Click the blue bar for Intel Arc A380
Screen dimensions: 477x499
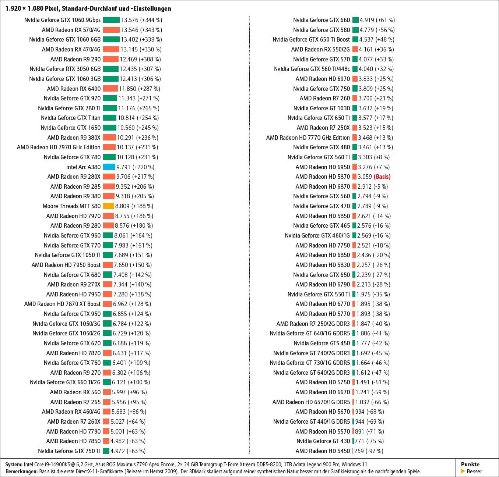click(109, 167)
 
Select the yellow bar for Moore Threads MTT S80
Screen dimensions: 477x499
click(108, 206)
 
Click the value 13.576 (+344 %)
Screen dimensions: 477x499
click(141, 20)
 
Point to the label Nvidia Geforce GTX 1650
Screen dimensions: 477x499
click(70, 128)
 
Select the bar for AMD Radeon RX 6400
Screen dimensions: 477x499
click(110, 89)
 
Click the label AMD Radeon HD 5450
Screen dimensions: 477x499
click(323, 451)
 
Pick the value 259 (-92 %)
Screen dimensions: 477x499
click(369, 451)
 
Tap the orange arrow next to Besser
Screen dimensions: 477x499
click(463, 471)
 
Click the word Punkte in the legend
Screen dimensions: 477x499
click(470, 464)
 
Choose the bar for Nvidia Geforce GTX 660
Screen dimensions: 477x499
click(355, 20)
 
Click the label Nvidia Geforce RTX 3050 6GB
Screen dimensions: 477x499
click(65, 69)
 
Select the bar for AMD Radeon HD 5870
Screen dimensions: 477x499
click(354, 177)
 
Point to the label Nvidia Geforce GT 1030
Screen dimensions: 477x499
click(321, 108)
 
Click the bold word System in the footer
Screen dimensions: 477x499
click(14, 464)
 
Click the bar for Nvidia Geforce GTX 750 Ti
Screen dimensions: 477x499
click(106, 451)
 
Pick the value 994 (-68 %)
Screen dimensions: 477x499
click(369, 412)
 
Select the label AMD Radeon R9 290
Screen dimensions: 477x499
click(75, 59)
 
